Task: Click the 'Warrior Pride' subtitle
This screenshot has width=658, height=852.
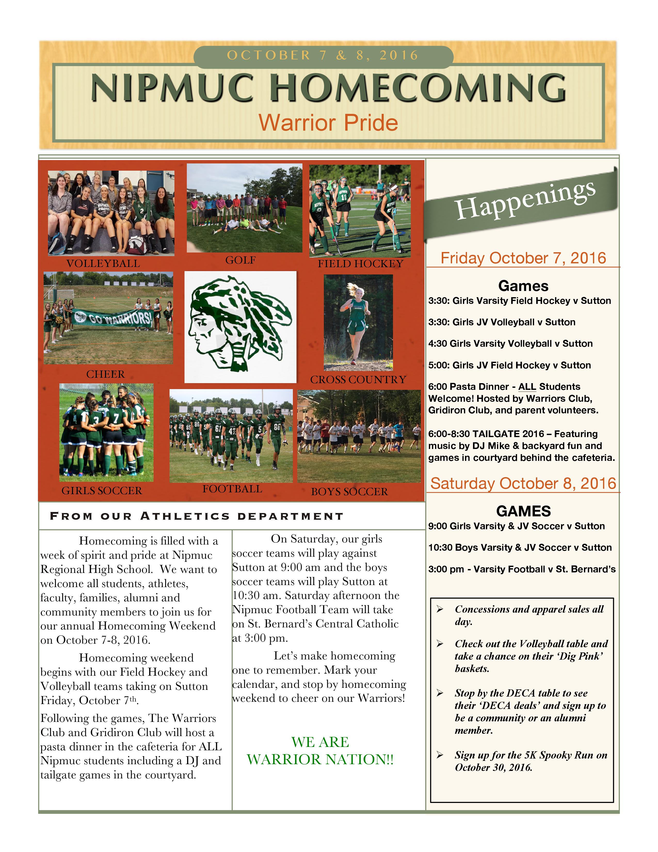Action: (328, 123)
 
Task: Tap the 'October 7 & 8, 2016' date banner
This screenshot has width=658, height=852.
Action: (323, 56)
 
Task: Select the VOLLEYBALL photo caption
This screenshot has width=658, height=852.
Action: (103, 264)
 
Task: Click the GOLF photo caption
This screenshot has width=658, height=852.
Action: (240, 260)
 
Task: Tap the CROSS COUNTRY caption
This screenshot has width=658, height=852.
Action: (358, 380)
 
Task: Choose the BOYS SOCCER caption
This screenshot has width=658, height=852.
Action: (349, 492)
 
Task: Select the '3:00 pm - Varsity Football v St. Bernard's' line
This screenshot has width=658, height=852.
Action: (521, 569)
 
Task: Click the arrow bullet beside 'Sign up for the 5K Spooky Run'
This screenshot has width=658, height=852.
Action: (440, 755)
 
